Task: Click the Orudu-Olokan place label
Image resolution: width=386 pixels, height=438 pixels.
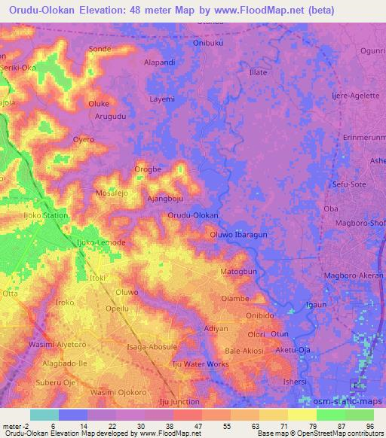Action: [193, 215]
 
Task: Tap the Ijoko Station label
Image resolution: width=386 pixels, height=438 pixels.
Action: [45, 216]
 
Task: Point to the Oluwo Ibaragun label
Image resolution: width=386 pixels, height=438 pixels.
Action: [238, 235]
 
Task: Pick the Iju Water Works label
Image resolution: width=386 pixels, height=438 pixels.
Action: [201, 365]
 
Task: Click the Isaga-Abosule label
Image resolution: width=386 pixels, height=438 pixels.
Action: [152, 346]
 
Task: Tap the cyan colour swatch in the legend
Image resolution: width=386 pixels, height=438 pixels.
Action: [44, 415]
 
